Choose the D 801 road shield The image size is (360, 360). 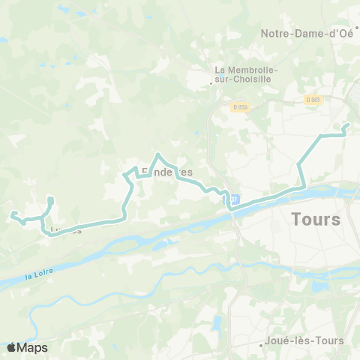[313, 98]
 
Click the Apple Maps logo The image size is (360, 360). [27, 347]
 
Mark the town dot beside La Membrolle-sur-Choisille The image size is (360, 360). [211, 83]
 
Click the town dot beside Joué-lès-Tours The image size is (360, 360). [260, 346]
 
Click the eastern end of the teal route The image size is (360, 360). [346, 124]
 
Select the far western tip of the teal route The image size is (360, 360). [11, 215]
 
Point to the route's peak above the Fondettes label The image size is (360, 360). [157, 154]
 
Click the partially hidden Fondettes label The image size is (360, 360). [167, 172]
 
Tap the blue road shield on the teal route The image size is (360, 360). [233, 199]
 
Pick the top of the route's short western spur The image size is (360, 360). [50, 198]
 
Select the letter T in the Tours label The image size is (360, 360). [294, 220]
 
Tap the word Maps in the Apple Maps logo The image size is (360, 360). [34, 347]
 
